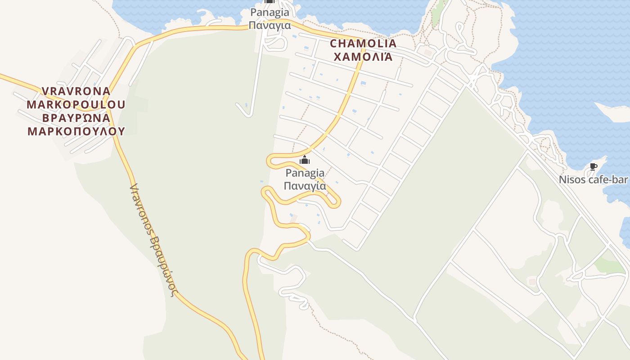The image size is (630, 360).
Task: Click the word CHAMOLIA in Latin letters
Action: tap(364, 44)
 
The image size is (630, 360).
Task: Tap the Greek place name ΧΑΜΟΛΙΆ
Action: tap(364, 57)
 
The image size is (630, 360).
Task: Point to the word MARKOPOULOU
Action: tap(76, 104)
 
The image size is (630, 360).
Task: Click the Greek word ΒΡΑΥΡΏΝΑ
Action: tap(76, 118)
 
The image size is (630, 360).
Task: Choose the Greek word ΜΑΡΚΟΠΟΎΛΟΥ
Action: tap(76, 131)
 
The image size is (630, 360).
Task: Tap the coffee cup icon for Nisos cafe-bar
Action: tap(593, 167)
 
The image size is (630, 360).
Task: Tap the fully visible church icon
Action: tap(305, 160)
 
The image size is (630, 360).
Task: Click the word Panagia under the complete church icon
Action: tap(305, 173)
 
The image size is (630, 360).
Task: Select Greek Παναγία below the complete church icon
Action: tap(305, 185)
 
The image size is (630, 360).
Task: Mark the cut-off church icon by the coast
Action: tap(270, 2)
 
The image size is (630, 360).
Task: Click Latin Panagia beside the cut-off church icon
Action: tap(270, 12)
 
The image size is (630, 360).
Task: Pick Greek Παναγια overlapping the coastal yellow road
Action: tap(270, 25)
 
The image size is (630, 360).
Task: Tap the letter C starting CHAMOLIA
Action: tap(333, 44)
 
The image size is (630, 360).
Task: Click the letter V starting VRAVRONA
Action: tap(45, 91)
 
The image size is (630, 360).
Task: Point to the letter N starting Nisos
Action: tap(562, 180)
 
